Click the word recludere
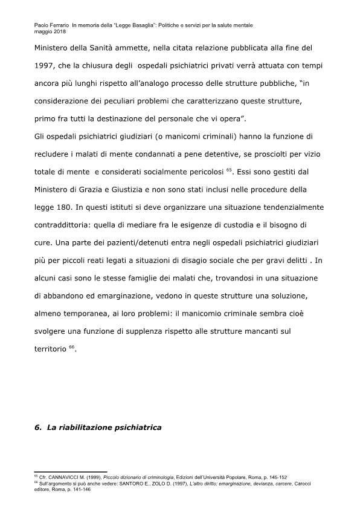tap(55, 154)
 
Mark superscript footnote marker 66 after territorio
tap(72, 346)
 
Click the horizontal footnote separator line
tap(70, 472)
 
